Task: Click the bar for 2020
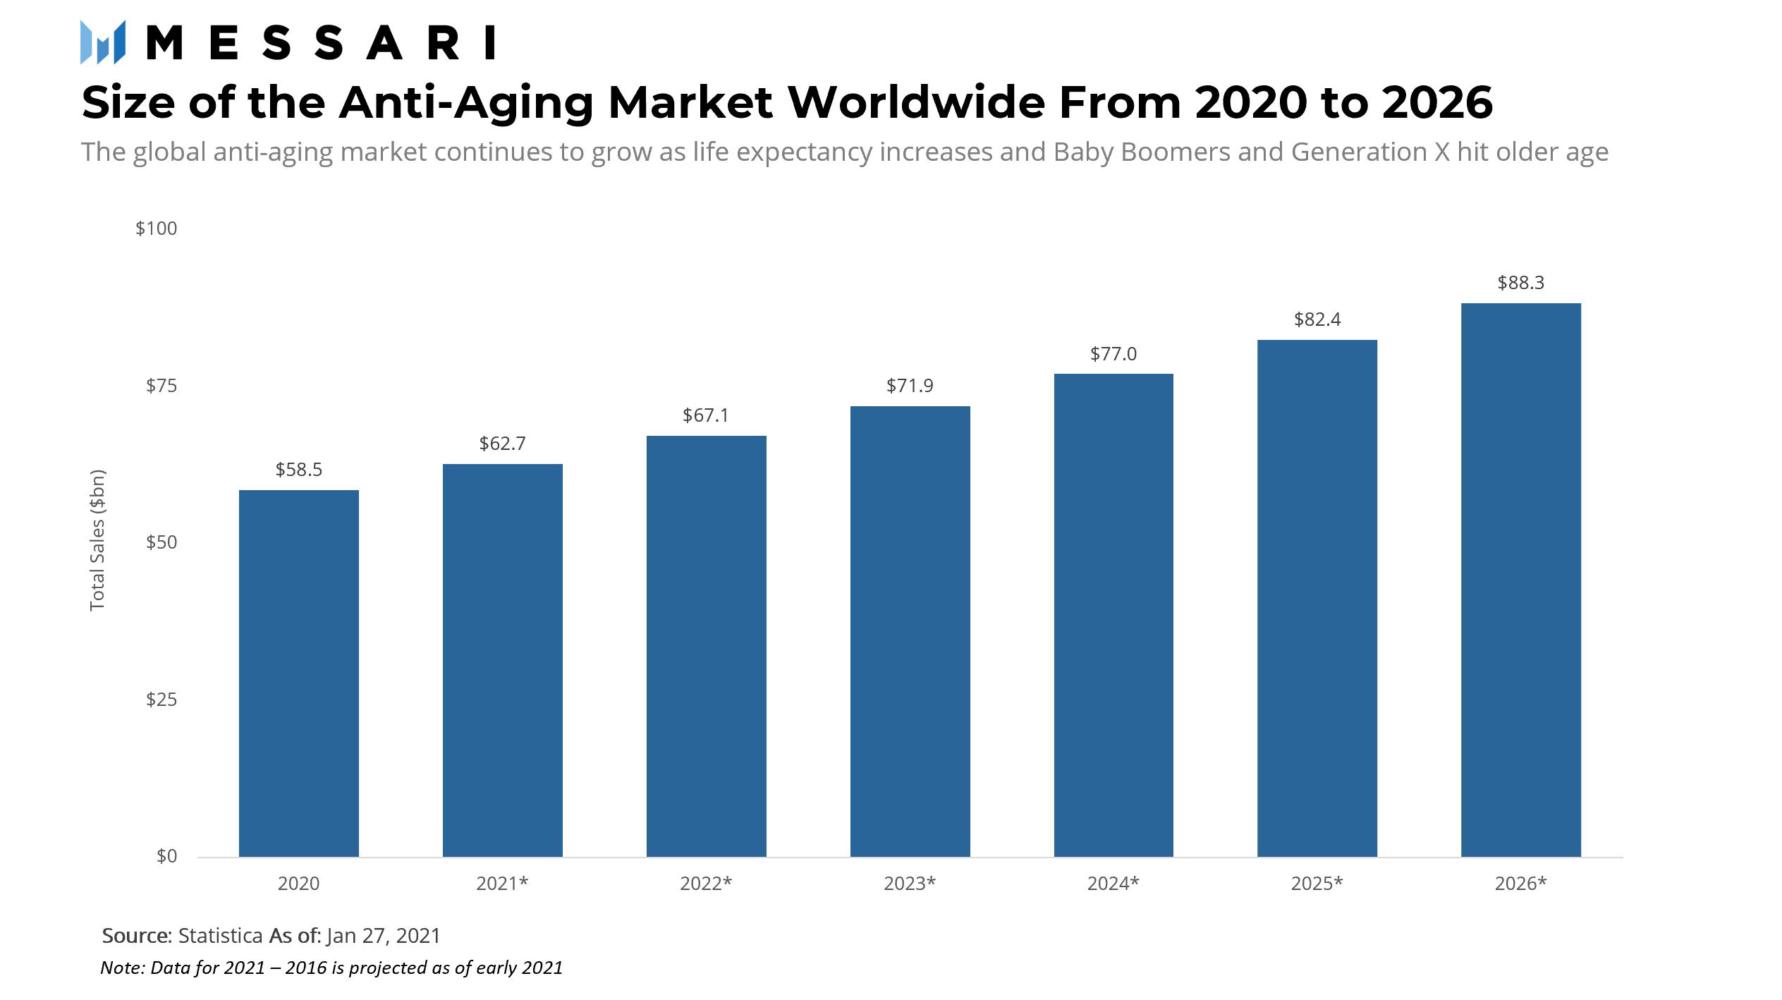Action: pos(298,673)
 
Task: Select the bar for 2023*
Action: pos(910,631)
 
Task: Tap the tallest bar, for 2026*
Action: pos(1520,580)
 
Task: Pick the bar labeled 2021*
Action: pos(502,660)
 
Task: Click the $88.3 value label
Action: pos(1520,283)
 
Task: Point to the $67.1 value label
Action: pos(705,415)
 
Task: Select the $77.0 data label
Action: pos(1113,354)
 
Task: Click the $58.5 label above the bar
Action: pos(298,470)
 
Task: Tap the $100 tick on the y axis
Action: pos(156,228)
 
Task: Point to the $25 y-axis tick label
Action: pos(161,700)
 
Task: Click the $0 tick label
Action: pos(166,856)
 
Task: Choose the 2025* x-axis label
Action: pos(1317,884)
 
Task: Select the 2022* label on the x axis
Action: pos(705,884)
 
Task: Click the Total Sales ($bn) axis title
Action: pos(97,539)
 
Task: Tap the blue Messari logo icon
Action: pos(103,42)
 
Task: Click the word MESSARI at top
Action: pos(321,43)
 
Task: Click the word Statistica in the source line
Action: pos(220,936)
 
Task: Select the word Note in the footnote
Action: pos(121,968)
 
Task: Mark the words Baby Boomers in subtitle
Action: pos(1141,152)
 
